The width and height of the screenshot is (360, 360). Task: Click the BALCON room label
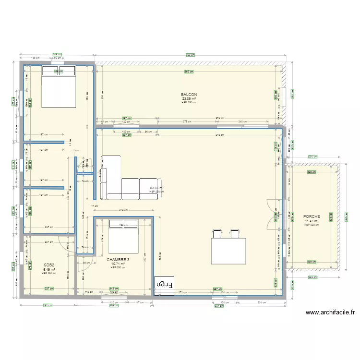tap(189, 95)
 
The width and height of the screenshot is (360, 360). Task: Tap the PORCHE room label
tap(311, 216)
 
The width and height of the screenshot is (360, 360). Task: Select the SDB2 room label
tap(48, 265)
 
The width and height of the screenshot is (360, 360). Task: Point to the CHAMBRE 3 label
tap(118, 260)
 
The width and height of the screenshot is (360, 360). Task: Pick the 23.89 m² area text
tap(189, 98)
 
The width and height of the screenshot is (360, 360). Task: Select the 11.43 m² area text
tap(311, 221)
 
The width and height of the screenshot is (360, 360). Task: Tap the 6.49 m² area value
tap(48, 269)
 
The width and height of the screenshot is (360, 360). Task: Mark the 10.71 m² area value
tap(118, 264)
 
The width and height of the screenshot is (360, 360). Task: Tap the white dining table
tap(228, 250)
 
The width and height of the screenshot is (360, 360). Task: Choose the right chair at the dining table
tap(235, 233)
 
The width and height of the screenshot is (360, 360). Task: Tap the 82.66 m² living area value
tap(156, 188)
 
